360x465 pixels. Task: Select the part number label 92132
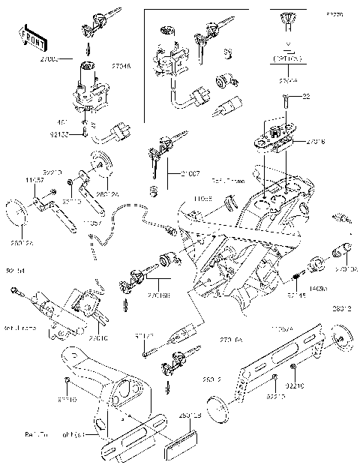(76, 135)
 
